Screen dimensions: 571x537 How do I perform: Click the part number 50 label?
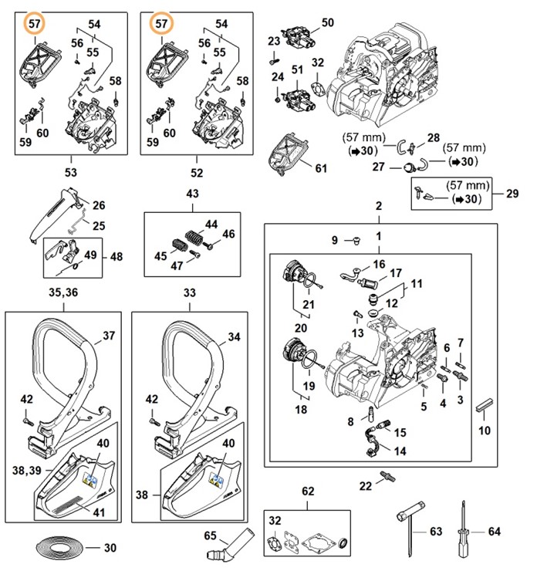click(x=327, y=23)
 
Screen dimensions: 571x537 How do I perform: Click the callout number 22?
click(x=366, y=485)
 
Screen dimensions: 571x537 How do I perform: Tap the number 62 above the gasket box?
click(x=308, y=491)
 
